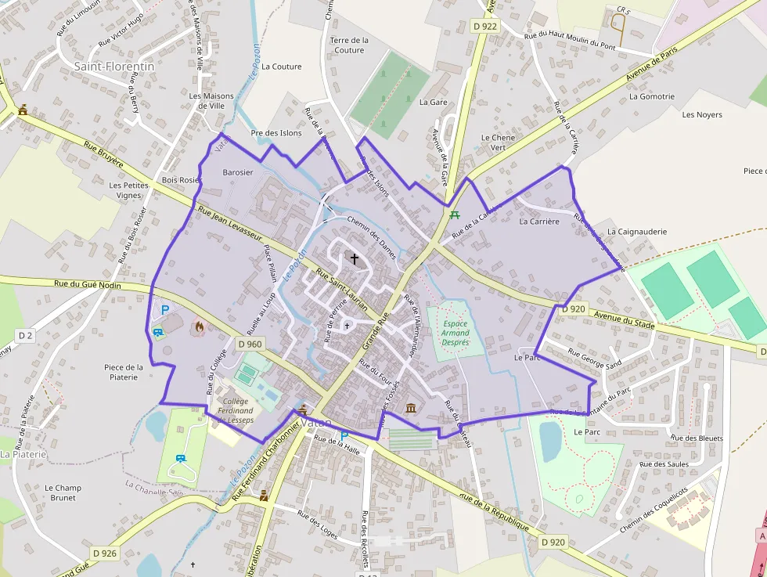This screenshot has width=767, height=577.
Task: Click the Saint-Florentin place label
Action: click(114, 67)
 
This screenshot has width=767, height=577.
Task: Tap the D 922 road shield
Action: click(485, 26)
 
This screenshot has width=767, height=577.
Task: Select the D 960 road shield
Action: click(250, 344)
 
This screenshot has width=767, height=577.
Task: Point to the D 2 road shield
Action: click(26, 336)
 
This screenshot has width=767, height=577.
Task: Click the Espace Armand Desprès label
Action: click(456, 333)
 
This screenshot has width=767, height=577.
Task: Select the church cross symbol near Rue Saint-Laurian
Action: click(354, 258)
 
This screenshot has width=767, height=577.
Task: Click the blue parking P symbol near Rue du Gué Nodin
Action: click(165, 310)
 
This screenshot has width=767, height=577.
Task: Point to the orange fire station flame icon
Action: click(199, 327)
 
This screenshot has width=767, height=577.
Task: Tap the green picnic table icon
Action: click(455, 214)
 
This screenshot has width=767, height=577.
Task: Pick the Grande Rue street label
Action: click(376, 334)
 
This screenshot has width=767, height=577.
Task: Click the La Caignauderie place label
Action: click(637, 232)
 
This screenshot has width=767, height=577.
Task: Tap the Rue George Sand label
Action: click(594, 359)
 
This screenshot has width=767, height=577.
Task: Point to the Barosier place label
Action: click(238, 172)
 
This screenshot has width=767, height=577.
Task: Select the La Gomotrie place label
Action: click(651, 97)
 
